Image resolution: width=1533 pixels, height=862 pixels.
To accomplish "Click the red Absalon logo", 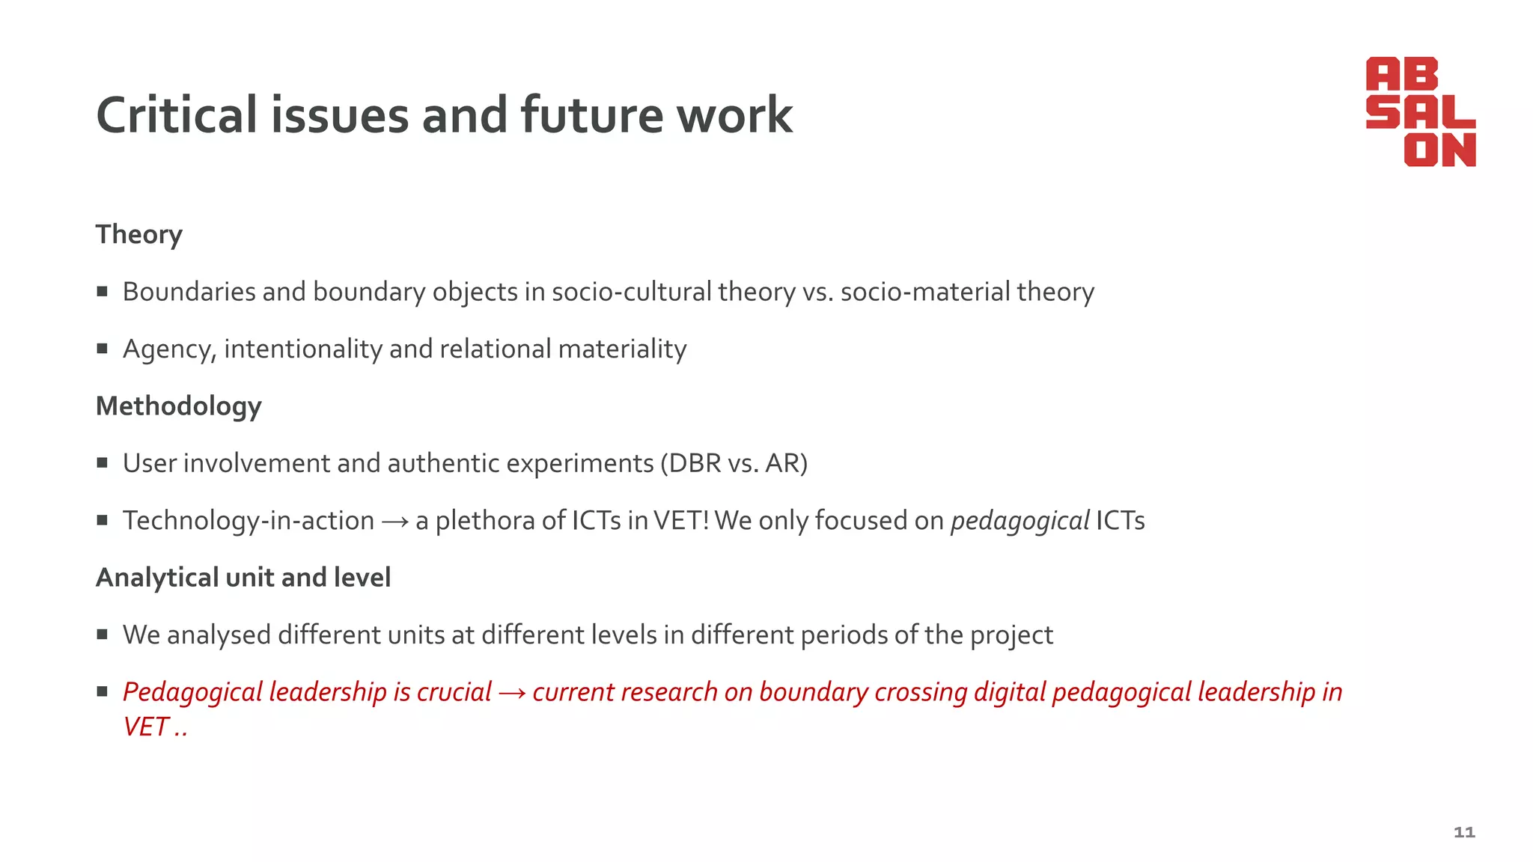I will point(1420,111).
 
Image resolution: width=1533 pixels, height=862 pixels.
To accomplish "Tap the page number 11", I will point(1463,832).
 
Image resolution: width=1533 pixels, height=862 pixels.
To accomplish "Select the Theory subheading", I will point(139,235).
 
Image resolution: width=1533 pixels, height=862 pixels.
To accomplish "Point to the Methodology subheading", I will point(179,406).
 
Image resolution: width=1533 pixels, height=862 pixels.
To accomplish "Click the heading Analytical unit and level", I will point(243,578).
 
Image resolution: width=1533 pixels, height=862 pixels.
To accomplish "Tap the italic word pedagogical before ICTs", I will point(1020,521).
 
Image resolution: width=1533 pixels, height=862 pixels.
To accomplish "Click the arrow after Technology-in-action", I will point(394,522).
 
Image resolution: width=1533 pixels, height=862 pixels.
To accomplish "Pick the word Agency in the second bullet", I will point(169,349).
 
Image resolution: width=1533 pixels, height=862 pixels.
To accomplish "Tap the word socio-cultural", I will point(631,292).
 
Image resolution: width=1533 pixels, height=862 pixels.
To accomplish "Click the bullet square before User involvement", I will point(103,463).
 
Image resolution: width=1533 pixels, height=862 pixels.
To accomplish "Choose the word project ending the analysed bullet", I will point(1011,635).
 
